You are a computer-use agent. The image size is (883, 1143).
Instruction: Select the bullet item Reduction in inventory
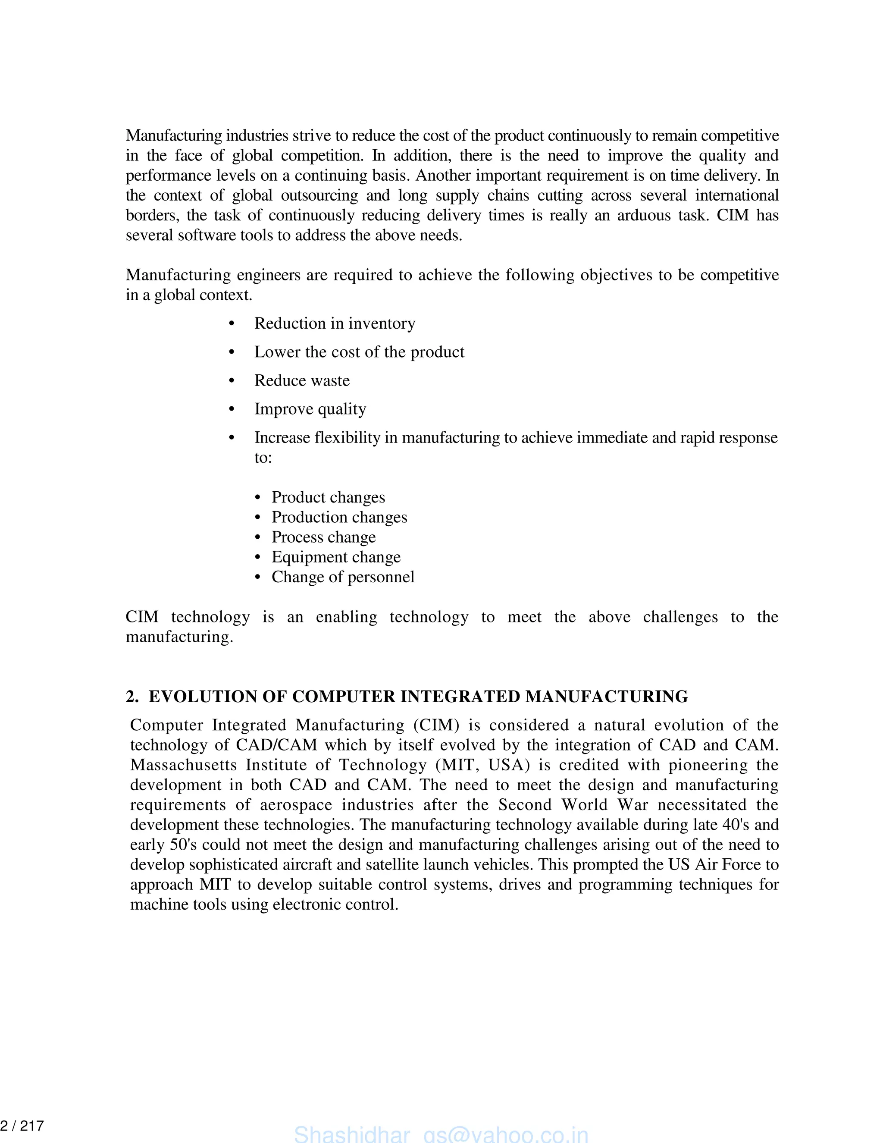coord(335,323)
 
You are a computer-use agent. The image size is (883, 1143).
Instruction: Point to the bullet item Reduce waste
coord(302,380)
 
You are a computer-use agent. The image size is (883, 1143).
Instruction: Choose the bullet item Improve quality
coord(310,409)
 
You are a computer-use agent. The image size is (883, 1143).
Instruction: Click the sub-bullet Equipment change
coord(336,557)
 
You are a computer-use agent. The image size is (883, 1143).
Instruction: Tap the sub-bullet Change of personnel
coord(343,577)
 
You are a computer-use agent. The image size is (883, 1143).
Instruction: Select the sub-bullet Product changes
coord(328,497)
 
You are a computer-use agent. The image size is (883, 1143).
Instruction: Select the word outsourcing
coord(319,195)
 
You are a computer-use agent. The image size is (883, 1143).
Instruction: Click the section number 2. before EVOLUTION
coord(132,697)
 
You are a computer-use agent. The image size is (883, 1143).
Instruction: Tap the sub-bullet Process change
coord(323,537)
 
